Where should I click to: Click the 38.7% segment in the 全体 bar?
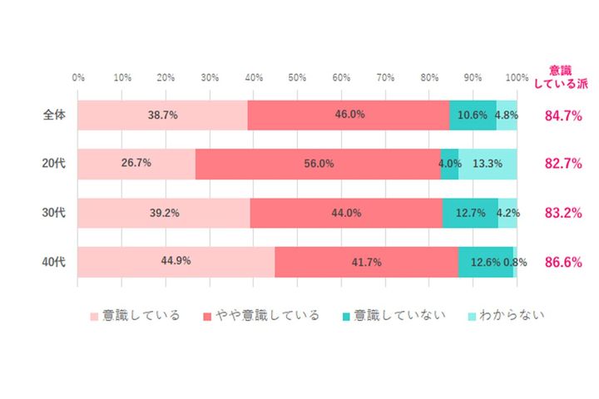pos(162,116)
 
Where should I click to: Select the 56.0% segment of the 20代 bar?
pos(318,164)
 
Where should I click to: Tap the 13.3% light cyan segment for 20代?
pos(488,164)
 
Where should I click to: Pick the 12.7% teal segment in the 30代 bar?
pos(470,213)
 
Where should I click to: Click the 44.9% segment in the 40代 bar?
pos(176,261)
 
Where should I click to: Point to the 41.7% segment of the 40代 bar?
pos(366,261)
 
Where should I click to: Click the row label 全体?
pos(54,116)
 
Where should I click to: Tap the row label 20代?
pos(54,164)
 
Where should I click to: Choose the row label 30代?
pos(54,213)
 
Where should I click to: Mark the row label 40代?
pos(54,262)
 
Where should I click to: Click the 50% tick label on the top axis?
pos(297,77)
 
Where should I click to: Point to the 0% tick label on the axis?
pos(78,77)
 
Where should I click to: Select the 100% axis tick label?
pos(516,77)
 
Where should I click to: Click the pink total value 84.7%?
pos(562,116)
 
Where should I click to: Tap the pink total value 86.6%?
pos(562,262)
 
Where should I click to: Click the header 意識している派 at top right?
pos(562,76)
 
